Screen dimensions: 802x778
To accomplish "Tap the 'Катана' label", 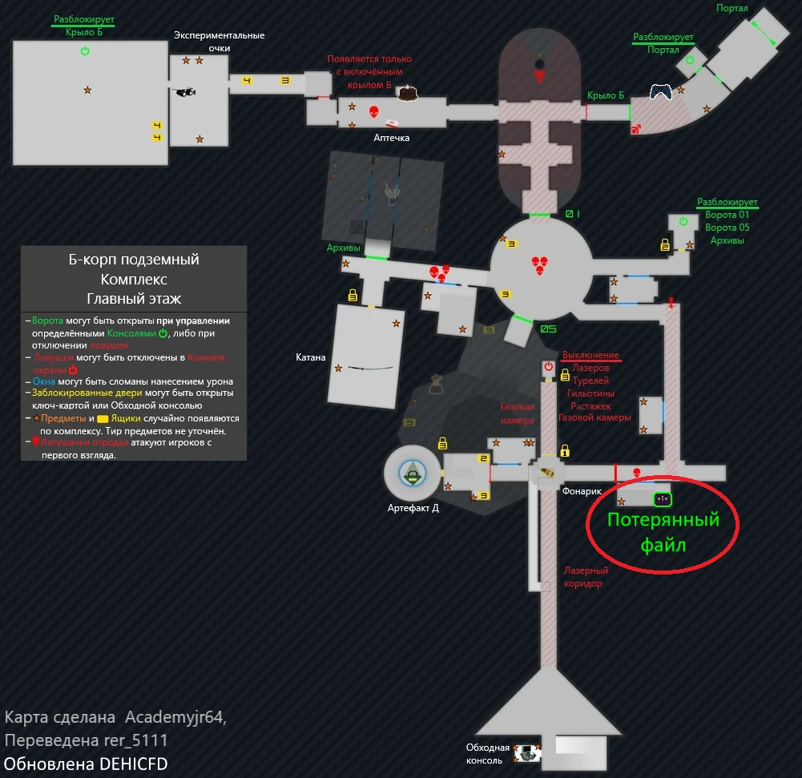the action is (x=311, y=357).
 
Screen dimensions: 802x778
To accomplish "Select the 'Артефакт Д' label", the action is (x=413, y=508).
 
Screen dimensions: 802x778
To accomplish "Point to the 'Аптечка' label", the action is (x=392, y=138).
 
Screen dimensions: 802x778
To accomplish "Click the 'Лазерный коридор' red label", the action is (x=586, y=577).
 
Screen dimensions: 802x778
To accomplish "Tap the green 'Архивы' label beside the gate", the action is (x=345, y=248).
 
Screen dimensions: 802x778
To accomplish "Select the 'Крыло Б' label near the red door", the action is (x=605, y=96).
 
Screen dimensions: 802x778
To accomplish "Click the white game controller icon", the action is (x=660, y=92).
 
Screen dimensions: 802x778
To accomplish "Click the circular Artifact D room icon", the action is (x=412, y=474).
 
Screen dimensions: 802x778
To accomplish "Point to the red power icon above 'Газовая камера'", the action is (x=548, y=367).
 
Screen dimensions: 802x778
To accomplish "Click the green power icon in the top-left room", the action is (x=85, y=51).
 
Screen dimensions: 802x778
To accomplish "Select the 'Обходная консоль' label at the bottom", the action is (x=488, y=754).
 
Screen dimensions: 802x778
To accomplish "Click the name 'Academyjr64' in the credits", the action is (x=176, y=717).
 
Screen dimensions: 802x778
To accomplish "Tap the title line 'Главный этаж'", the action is (x=134, y=299).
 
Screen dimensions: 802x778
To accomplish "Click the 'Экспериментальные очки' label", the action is (x=219, y=42).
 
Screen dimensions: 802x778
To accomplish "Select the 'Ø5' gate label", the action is (x=548, y=329).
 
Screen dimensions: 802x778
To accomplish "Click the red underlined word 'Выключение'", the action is (x=590, y=355).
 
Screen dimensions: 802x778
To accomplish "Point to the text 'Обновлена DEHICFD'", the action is (x=87, y=764).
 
